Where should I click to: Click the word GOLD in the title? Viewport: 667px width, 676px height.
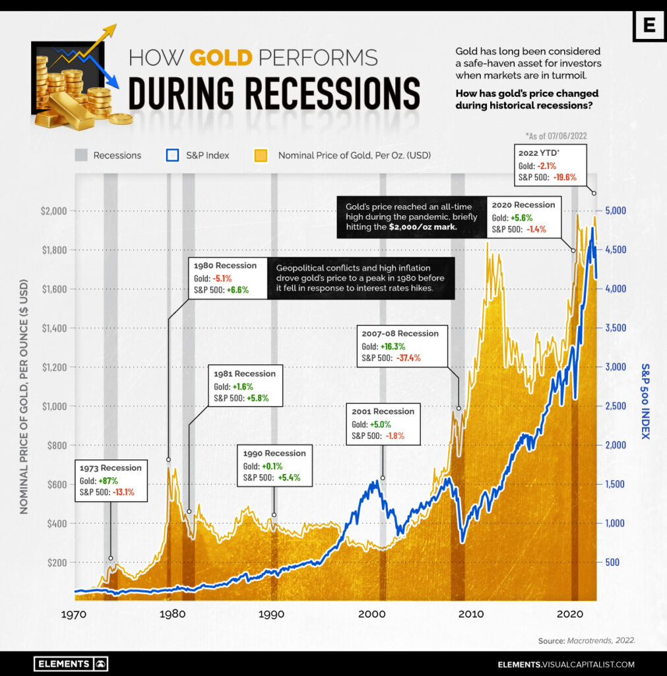point(221,58)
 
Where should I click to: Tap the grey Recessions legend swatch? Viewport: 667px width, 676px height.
point(80,155)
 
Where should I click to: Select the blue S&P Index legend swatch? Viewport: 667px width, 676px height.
point(173,155)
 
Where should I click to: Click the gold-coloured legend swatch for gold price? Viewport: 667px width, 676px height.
point(261,155)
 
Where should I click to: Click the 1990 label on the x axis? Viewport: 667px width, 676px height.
point(272,614)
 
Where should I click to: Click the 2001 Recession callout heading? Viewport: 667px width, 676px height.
point(383,411)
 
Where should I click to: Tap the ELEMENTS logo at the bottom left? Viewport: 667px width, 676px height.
point(71,664)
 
